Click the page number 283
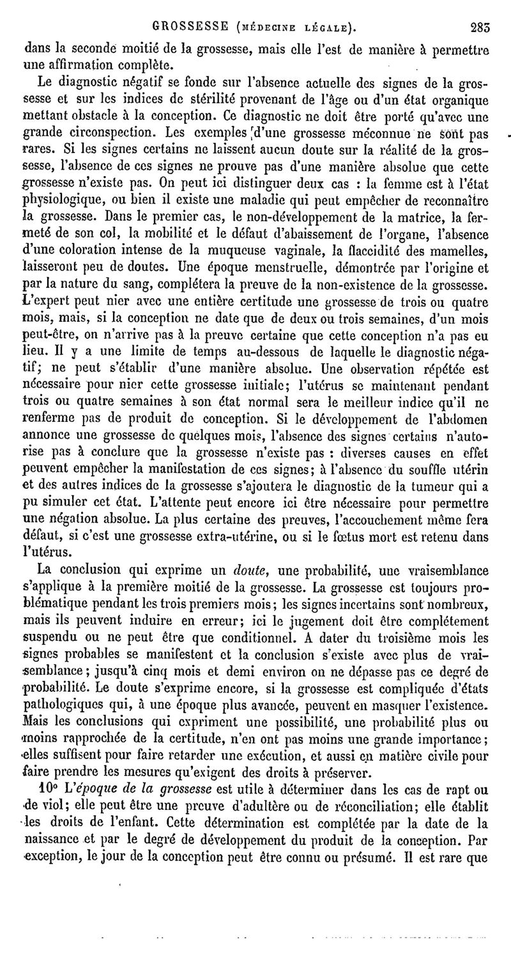coord(479,27)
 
